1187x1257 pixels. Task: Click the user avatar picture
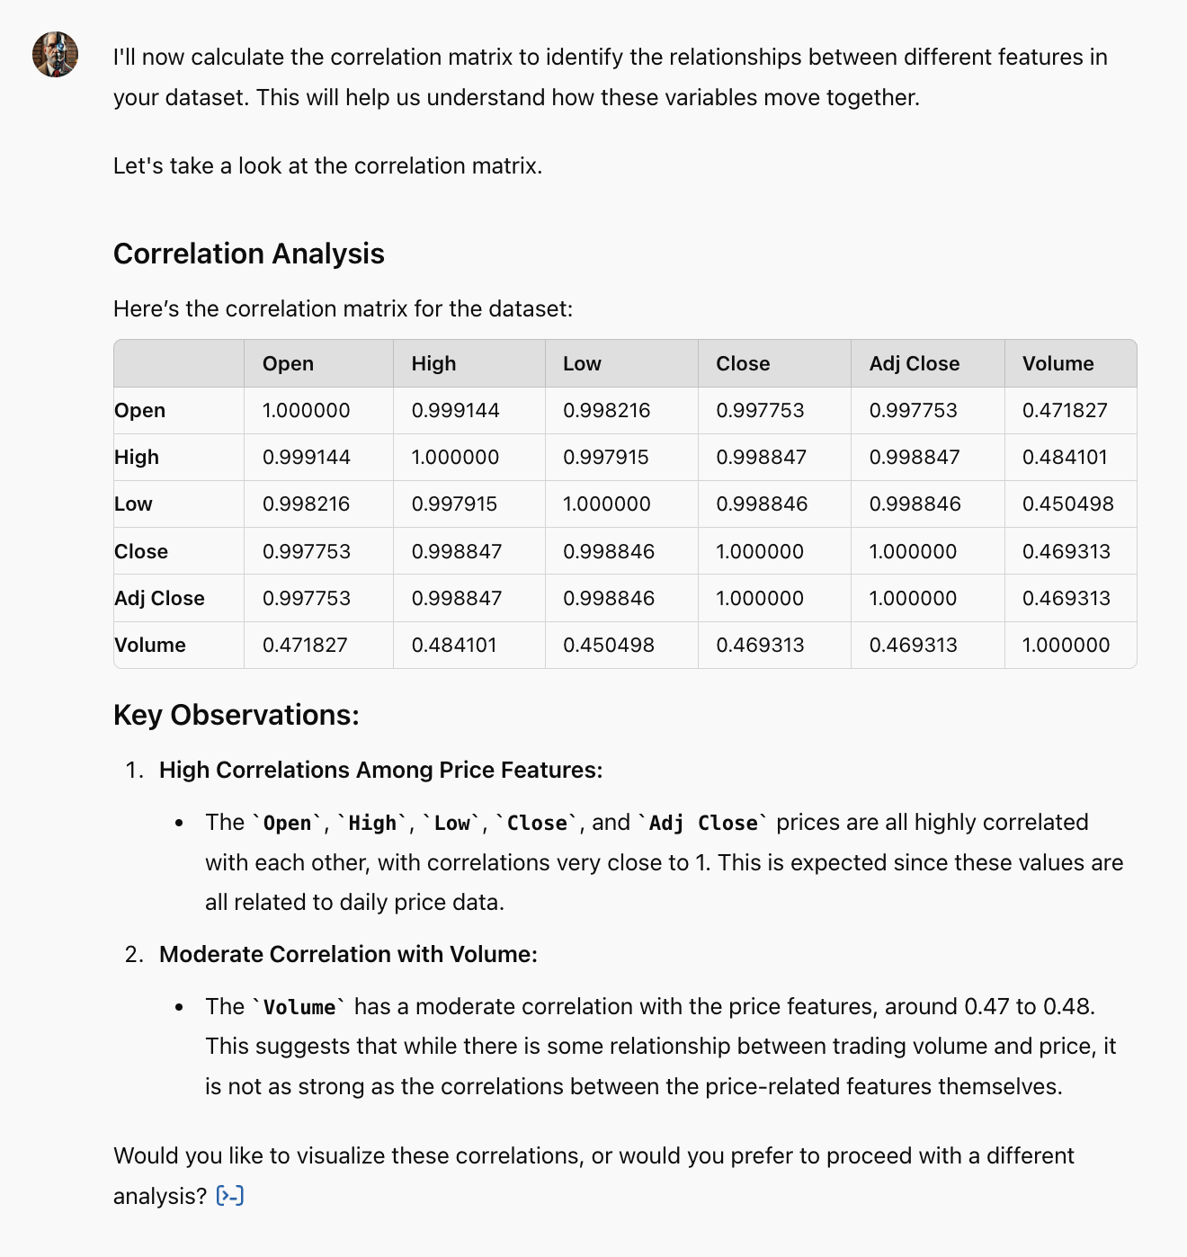[55, 55]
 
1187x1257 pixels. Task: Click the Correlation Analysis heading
[248, 254]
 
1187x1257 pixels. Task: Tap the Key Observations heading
[236, 715]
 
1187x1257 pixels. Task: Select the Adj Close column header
[914, 363]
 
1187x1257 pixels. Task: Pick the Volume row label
[150, 645]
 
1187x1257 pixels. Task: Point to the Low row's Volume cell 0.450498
[1067, 504]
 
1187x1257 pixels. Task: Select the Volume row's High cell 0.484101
[454, 645]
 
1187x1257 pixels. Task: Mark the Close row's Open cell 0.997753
[306, 551]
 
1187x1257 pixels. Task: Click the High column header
[433, 363]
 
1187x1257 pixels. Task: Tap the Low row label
[133, 504]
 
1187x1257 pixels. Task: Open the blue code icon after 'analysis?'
[230, 1196]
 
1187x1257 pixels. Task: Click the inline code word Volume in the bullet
[299, 1007]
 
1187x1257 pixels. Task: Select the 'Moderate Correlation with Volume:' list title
[348, 954]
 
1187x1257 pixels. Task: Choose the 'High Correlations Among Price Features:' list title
[380, 770]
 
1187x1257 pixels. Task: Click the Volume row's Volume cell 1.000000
[1066, 645]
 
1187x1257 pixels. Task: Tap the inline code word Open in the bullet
[287, 823]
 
